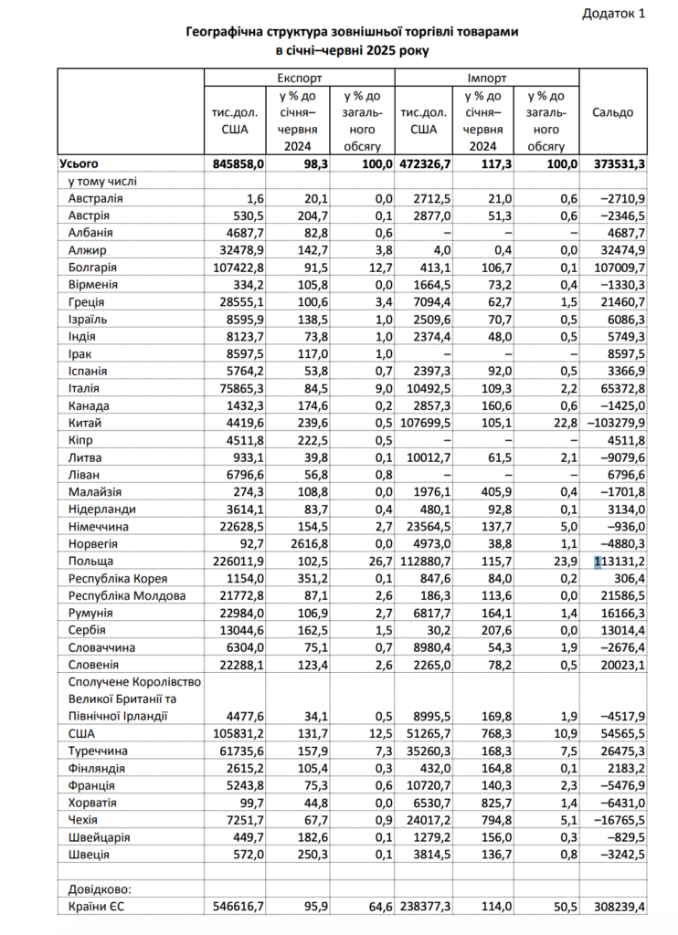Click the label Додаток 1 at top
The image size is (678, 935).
613,14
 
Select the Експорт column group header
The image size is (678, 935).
299,79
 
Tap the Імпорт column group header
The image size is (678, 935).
486,79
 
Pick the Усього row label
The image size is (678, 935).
79,164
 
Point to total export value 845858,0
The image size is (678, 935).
237,164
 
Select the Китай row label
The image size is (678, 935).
84,423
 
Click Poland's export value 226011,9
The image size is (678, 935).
237,561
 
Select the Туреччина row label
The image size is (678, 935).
100,751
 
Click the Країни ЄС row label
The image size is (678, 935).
100,906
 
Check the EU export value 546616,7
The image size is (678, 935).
237,906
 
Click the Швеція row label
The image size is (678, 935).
89,854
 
